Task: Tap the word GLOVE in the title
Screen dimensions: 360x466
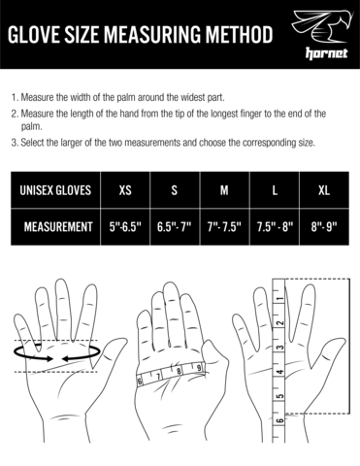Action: pyautogui.click(x=28, y=35)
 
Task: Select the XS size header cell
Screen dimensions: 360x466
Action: pyautogui.click(x=125, y=190)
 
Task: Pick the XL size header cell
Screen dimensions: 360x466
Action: pyautogui.click(x=324, y=190)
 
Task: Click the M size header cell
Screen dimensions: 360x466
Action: pyautogui.click(x=224, y=190)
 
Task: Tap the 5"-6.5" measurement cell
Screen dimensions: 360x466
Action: pyautogui.click(x=125, y=227)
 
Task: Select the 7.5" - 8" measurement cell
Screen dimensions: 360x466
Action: pyautogui.click(x=275, y=227)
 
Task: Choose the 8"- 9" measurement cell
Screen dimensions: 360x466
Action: pyautogui.click(x=324, y=227)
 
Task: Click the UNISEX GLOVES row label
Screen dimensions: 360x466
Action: pyautogui.click(x=55, y=190)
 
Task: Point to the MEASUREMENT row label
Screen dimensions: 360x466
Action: pyautogui.click(x=58, y=227)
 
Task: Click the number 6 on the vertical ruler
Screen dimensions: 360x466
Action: pyautogui.click(x=280, y=420)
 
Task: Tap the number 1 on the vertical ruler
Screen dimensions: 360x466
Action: pyautogui.click(x=280, y=299)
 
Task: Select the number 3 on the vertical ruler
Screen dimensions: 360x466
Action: pyautogui.click(x=280, y=348)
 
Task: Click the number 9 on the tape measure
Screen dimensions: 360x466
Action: pyautogui.click(x=199, y=368)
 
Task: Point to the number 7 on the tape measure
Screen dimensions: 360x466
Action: pyautogui.click(x=158, y=377)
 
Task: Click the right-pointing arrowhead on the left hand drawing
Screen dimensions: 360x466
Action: pyautogui.click(x=49, y=358)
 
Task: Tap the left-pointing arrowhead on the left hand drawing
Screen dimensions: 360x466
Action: pyautogui.click(x=66, y=358)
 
